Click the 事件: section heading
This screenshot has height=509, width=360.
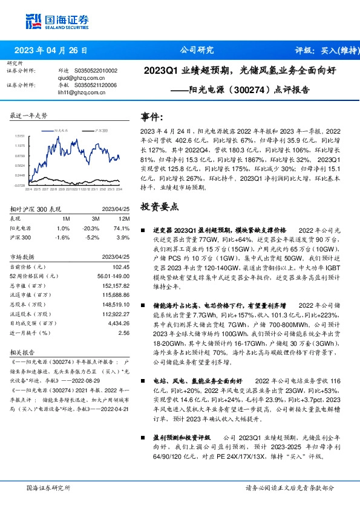tap(151, 117)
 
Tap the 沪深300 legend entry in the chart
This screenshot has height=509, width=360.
tap(102, 130)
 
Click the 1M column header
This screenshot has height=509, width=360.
tap(66, 218)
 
